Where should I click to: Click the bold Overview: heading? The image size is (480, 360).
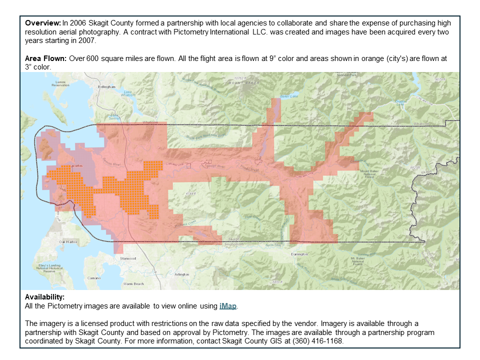pos(43,23)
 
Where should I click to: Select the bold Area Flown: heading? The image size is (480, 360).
pos(46,58)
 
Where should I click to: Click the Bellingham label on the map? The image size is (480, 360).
pos(106,86)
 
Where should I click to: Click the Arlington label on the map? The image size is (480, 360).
pos(182,274)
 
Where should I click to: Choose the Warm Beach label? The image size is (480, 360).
pos(133,283)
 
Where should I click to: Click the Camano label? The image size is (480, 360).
pos(94,277)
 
